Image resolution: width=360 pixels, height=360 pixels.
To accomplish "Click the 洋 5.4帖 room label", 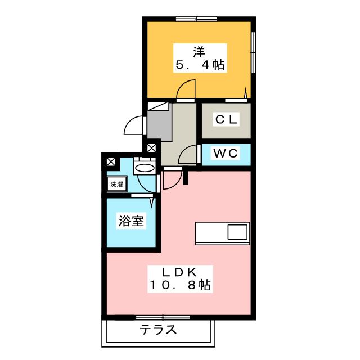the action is click(200, 58).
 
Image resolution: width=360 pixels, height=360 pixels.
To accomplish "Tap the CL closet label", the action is click(226, 119).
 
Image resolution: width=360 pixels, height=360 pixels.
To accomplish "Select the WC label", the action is click(226, 153).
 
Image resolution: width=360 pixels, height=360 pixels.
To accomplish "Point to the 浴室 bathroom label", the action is click(131, 220).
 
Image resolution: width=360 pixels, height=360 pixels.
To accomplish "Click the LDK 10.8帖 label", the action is click(180, 279).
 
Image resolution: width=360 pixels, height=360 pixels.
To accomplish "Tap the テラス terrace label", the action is click(158, 330).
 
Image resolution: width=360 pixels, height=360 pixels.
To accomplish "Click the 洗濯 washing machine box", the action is click(117, 184).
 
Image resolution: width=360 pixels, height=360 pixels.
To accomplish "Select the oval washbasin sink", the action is click(145, 168).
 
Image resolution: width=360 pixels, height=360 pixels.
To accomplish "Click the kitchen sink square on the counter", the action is click(237, 232).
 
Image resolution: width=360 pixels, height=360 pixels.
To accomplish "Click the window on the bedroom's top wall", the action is click(196, 19).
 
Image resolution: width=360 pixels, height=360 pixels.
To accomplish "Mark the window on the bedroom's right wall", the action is click(254, 52).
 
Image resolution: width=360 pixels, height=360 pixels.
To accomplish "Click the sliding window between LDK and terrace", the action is click(163, 318).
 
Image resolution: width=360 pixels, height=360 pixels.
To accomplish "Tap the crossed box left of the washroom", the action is click(111, 161).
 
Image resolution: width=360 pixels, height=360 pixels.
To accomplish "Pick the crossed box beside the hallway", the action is click(151, 148).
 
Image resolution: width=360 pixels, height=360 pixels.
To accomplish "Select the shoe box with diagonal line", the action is click(159, 106).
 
